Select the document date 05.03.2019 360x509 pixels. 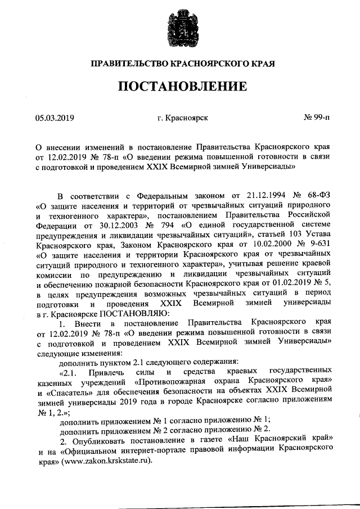[55, 119]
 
